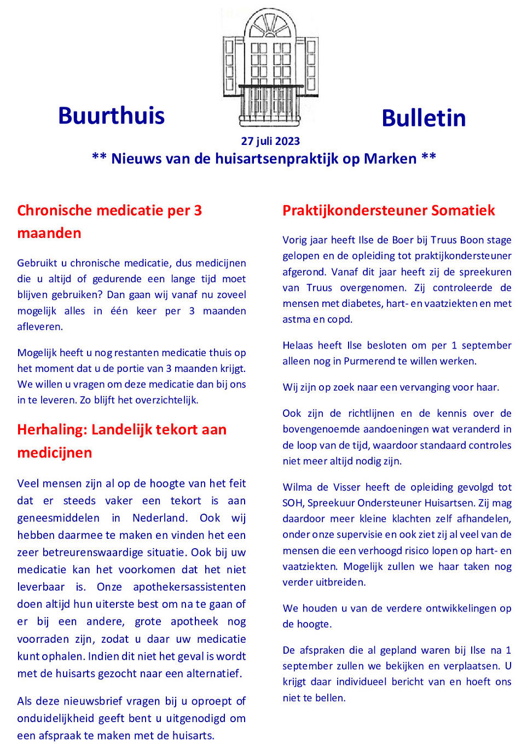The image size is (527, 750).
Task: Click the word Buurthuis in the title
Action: [111, 116]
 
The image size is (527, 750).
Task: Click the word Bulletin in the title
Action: [424, 118]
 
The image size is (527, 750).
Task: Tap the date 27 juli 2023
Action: [270, 141]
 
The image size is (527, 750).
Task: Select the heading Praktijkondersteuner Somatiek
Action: [389, 211]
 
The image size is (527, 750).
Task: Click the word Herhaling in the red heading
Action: [52, 430]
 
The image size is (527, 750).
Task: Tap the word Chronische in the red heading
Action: [54, 211]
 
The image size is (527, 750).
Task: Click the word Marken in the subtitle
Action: [390, 159]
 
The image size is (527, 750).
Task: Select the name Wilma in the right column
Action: [298, 487]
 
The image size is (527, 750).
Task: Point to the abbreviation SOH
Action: [293, 503]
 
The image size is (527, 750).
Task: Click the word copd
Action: [339, 319]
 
